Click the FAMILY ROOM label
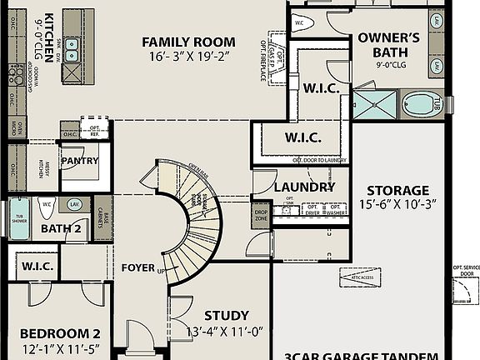(188, 42)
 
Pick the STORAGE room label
(397, 190)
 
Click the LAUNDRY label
(304, 187)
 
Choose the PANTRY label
(80, 161)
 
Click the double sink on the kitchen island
(72, 49)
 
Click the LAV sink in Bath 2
(75, 204)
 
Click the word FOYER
(137, 267)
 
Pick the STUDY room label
(226, 315)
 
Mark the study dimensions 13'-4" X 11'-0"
(225, 332)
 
